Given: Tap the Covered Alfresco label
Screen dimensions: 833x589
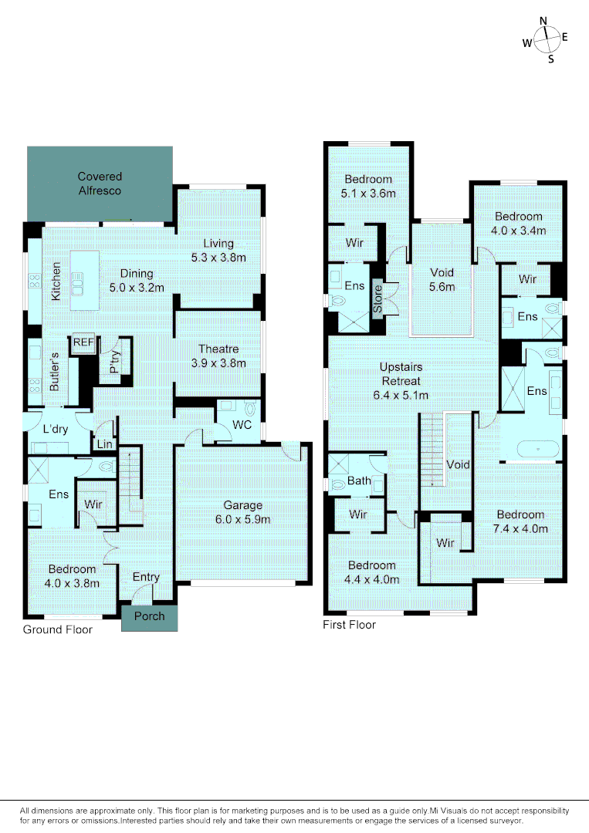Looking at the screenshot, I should pos(100,184).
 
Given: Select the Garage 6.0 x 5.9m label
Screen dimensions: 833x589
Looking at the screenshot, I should pos(242,512).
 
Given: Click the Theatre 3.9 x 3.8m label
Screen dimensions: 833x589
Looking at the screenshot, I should pos(218,356).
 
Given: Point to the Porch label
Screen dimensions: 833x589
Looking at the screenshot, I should pos(150,617).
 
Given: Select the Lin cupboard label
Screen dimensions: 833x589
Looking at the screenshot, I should pos(103,444).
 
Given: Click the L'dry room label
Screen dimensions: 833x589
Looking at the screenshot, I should pos(56,429).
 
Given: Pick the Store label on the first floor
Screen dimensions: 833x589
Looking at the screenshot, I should pos(377,298).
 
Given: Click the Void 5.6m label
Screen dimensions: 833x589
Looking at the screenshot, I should pos(442,279).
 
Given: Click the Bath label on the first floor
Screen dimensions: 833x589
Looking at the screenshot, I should pos(359,481).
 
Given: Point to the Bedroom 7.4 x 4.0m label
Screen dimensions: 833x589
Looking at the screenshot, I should pos(520,521).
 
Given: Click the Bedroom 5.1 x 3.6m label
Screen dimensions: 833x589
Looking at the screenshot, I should pos(369,186).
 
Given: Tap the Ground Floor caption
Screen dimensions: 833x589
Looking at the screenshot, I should pos(57,630).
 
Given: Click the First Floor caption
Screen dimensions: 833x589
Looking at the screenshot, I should pos(349,625).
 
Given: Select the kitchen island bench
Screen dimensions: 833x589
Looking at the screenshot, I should pos(80,283).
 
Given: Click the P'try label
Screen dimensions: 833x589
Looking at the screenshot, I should pos(113,363).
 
